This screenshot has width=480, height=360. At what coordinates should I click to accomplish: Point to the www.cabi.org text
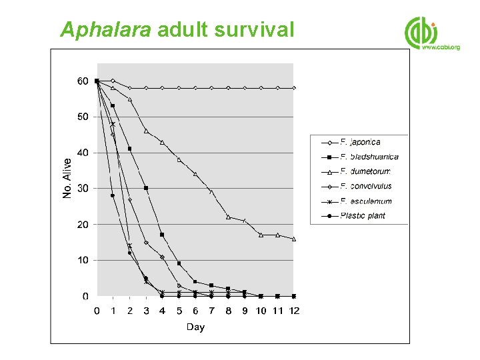click(441, 48)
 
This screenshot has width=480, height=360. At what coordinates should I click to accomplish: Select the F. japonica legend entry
click(360, 142)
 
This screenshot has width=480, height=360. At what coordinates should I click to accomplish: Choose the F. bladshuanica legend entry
click(369, 157)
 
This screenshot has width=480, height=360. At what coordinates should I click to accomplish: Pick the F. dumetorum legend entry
click(365, 171)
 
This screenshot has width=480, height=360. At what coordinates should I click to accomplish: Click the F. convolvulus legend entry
click(366, 186)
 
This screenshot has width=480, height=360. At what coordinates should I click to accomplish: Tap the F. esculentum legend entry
click(366, 201)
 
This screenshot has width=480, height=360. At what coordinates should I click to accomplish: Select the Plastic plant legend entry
click(363, 215)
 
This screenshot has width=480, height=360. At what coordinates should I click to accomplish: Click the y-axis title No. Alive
click(67, 177)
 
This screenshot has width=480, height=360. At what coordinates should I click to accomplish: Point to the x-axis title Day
click(195, 327)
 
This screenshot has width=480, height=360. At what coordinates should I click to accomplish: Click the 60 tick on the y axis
click(82, 81)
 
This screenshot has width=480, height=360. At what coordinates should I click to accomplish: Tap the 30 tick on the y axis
click(82, 189)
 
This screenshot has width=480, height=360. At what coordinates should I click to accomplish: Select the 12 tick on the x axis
click(294, 311)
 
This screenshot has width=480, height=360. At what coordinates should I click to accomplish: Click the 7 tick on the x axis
click(211, 311)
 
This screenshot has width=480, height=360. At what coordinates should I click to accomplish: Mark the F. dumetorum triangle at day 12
click(294, 239)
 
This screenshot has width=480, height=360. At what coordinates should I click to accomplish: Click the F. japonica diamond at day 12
click(294, 88)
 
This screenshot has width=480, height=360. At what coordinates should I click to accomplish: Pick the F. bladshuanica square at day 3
click(146, 188)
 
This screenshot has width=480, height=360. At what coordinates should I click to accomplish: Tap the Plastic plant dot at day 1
click(113, 195)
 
